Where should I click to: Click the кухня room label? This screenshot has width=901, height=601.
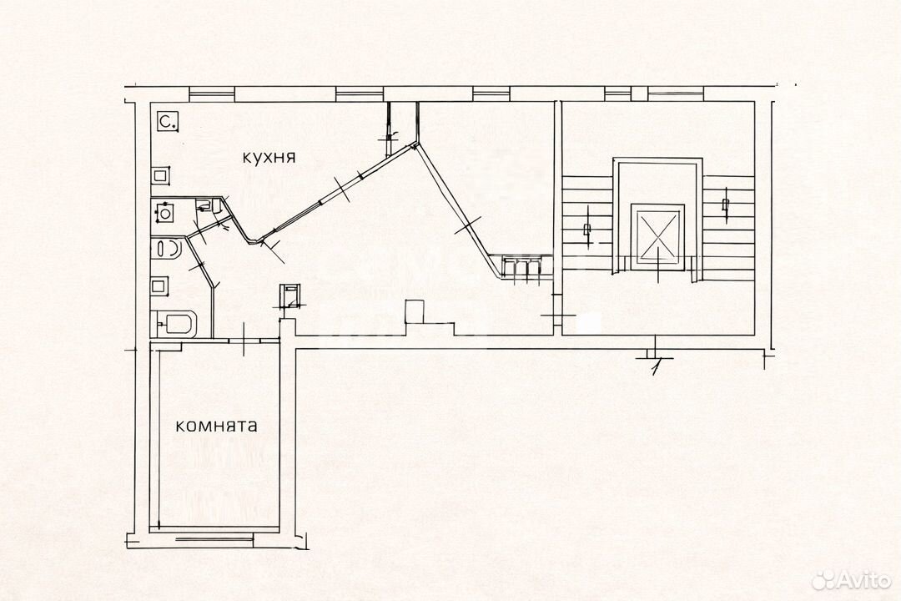[269, 157]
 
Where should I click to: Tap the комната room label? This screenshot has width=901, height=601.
[216, 427]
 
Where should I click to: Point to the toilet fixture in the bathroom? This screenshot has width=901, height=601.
[167, 250]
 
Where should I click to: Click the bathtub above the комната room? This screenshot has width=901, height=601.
[174, 324]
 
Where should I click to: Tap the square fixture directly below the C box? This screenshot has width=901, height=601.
[162, 175]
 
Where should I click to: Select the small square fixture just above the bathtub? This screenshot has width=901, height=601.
[160, 285]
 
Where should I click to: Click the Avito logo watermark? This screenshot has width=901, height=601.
[852, 580]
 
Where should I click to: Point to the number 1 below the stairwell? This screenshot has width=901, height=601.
[656, 366]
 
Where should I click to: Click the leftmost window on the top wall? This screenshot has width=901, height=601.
[211, 93]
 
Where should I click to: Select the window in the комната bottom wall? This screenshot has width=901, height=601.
[214, 539]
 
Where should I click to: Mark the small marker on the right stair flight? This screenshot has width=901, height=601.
[725, 204]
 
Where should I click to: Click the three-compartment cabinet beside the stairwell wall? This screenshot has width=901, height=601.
[521, 267]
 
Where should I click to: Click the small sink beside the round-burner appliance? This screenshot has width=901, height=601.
[204, 205]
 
